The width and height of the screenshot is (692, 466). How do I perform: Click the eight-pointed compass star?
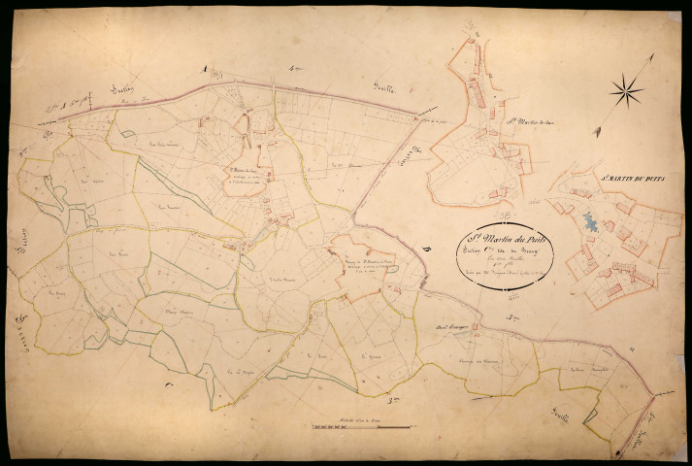tap(626, 92)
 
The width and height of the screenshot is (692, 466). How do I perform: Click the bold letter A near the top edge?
tap(202, 67)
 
